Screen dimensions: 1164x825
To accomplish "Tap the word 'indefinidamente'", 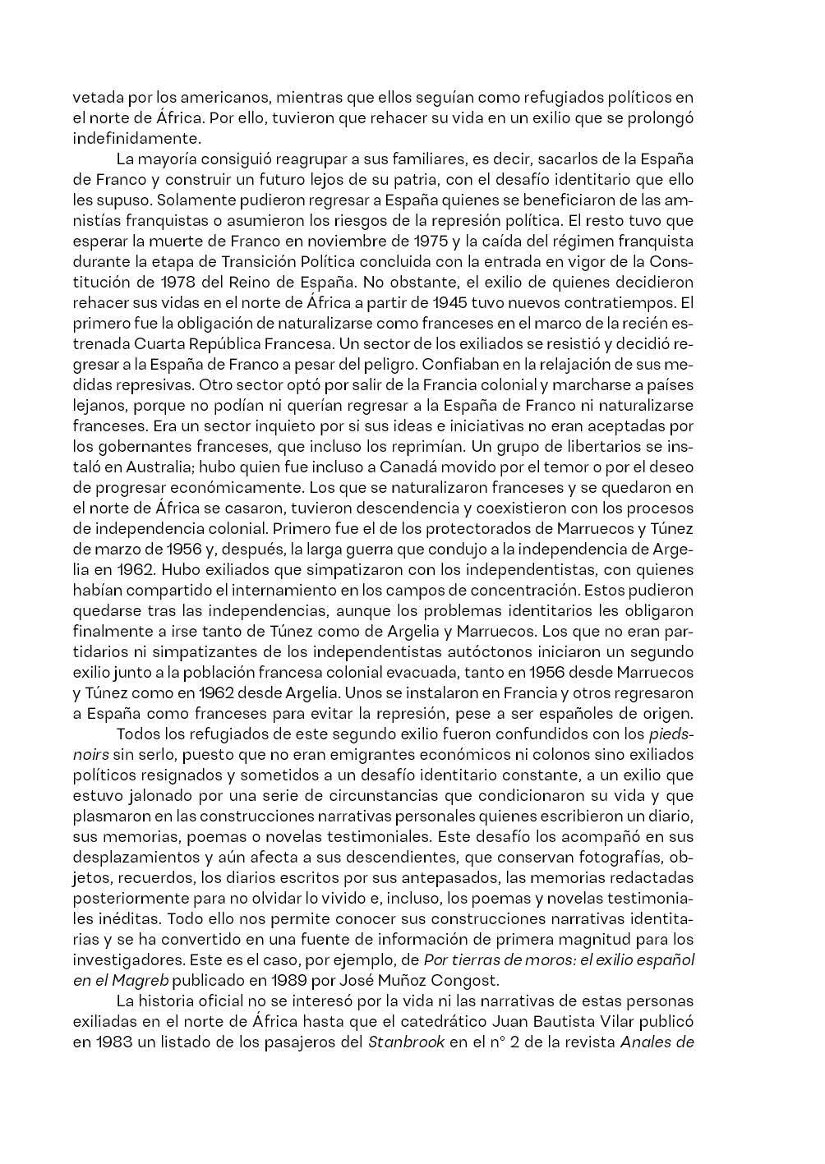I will click(x=136, y=138).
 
